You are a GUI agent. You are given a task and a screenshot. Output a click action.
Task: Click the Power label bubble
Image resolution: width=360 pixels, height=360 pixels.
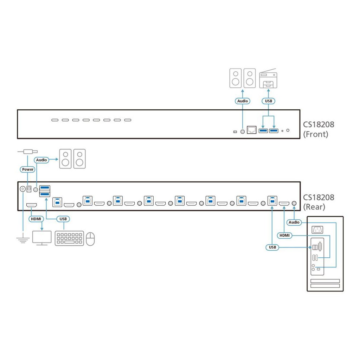(27, 169)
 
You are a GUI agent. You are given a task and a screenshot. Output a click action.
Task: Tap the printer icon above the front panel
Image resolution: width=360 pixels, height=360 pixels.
(268, 78)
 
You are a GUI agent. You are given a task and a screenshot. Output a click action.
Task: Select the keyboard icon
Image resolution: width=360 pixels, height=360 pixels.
(69, 238)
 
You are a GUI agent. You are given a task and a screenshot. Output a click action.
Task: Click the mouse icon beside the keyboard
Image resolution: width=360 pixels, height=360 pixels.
(90, 239)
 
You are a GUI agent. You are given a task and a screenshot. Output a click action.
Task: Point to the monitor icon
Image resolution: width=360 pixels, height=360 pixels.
(42, 238)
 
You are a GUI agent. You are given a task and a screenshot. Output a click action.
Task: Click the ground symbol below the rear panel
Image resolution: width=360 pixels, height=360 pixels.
(23, 238)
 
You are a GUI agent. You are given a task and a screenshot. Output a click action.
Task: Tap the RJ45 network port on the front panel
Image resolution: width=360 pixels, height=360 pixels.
(252, 130)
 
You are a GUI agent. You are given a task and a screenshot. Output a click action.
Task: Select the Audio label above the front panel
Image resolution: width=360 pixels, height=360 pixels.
(243, 101)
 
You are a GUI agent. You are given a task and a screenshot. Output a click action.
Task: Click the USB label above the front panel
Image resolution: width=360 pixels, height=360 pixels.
(268, 101)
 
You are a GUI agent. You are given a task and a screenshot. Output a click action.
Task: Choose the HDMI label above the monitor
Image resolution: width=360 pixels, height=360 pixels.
(36, 219)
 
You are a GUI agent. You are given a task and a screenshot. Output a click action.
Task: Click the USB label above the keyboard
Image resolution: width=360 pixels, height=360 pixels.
(63, 219)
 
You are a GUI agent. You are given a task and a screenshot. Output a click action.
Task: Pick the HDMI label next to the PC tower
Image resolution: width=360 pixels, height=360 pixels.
(284, 235)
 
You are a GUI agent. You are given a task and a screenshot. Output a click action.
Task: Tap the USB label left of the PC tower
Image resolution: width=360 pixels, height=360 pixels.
(272, 247)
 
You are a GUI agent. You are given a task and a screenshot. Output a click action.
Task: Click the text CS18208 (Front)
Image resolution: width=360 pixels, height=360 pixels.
(319, 129)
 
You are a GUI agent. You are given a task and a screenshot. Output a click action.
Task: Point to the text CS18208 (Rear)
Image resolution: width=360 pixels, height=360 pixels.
(319, 202)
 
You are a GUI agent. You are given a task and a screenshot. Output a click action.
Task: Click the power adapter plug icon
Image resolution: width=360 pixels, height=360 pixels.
(27, 152)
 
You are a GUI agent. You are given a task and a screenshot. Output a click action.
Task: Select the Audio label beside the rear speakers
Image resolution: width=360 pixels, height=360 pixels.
(41, 160)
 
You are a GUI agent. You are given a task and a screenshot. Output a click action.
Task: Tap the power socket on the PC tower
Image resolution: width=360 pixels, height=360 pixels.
(317, 230)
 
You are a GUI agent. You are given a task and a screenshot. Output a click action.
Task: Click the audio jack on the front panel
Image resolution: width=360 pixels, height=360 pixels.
(243, 131)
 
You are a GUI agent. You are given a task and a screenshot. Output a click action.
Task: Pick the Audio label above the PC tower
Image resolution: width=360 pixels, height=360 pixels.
(294, 222)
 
